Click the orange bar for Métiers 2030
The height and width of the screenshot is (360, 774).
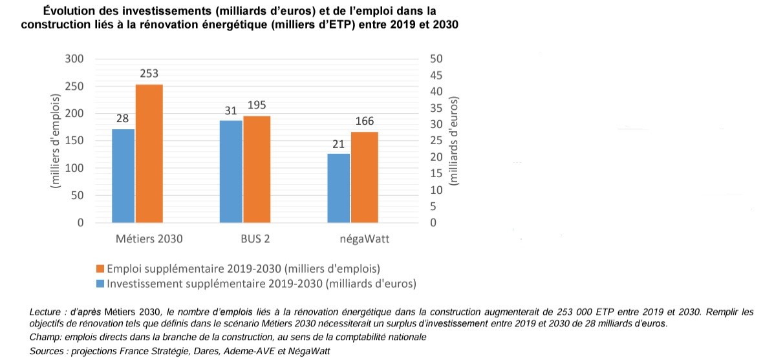tap(149, 154)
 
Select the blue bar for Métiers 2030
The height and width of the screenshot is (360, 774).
tap(123, 176)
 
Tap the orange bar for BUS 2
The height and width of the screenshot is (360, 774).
tap(256, 169)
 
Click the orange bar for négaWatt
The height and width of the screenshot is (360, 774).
tap(364, 177)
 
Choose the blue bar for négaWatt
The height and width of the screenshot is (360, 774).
tap(338, 188)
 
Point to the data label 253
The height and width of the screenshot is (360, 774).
tap(149, 74)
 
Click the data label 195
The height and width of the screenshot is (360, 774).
tap(256, 105)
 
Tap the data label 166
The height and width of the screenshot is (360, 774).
tap(364, 122)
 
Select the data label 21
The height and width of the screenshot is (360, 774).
tap(338, 143)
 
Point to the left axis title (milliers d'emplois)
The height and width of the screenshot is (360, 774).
tap(56, 141)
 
